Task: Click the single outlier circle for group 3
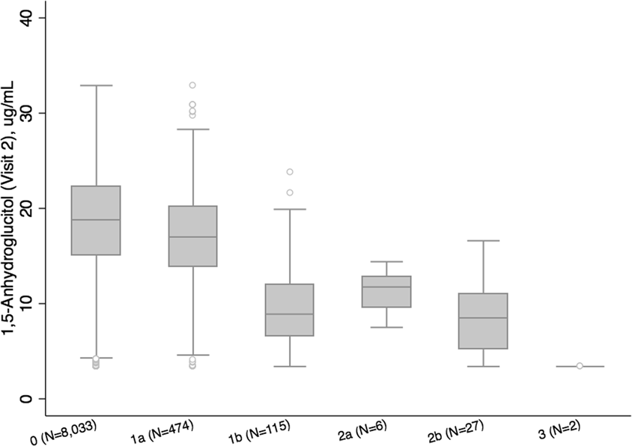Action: tap(580, 366)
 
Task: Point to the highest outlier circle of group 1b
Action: tap(290, 172)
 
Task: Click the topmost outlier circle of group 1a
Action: tap(193, 85)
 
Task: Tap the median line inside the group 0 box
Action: tap(97, 220)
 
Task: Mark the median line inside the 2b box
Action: tap(483, 318)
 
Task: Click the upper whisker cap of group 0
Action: tap(97, 85)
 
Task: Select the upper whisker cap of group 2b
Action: tap(483, 241)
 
